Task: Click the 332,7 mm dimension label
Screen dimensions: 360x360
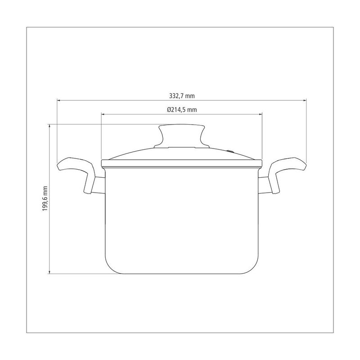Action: click(x=182, y=96)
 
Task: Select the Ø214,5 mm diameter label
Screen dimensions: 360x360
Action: click(x=182, y=110)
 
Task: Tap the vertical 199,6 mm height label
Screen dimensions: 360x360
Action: click(x=45, y=198)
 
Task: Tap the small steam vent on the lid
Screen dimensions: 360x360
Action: click(x=230, y=152)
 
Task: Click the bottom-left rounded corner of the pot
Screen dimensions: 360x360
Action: click(x=109, y=268)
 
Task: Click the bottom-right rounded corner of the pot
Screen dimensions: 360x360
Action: click(x=255, y=268)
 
